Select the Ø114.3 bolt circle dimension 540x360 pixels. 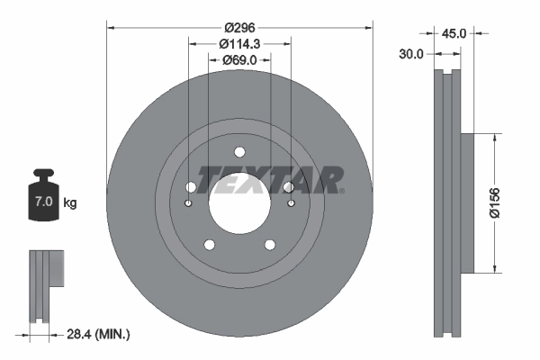[238, 43]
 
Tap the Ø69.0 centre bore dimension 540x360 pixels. [238, 60]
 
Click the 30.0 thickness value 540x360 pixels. [410, 54]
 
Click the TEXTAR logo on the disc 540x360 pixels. [270, 180]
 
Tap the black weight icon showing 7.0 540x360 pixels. [42, 192]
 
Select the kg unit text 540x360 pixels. [70, 203]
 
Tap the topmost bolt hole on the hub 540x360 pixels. [238, 152]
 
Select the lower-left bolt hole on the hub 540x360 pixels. [209, 244]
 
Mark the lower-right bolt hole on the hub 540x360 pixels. [269, 244]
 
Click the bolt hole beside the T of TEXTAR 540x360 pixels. [191, 187]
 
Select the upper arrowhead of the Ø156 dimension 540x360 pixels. [494, 138]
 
